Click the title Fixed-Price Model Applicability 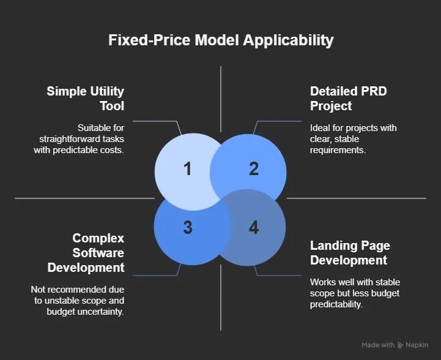(x=221, y=40)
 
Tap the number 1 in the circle (x=187, y=168)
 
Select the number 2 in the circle (x=253, y=168)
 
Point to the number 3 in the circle (x=187, y=227)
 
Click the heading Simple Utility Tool (x=86, y=99)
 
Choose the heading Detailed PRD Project (x=348, y=99)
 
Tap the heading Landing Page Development (x=350, y=253)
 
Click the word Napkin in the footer (x=420, y=345)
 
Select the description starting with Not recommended (x=77, y=300)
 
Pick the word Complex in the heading (x=98, y=238)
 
